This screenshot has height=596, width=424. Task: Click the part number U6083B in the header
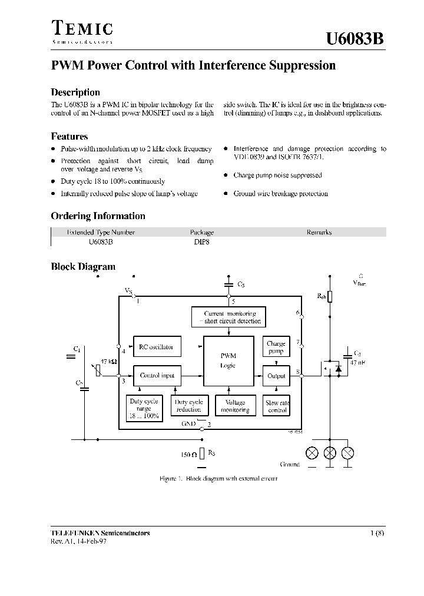click(x=355, y=38)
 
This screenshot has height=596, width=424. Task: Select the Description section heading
click(x=75, y=92)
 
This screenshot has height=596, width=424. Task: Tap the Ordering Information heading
click(x=98, y=216)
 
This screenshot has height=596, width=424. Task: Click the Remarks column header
click(x=319, y=232)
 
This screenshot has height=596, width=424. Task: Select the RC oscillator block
click(x=156, y=347)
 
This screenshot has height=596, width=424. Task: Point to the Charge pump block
click(x=276, y=347)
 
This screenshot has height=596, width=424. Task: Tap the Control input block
click(x=157, y=375)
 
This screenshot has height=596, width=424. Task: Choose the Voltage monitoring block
click(x=235, y=406)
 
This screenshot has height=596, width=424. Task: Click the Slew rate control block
click(x=277, y=406)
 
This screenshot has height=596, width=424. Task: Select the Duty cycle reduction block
click(x=188, y=406)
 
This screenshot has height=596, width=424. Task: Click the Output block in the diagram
click(x=276, y=376)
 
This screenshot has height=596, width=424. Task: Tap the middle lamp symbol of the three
click(x=331, y=453)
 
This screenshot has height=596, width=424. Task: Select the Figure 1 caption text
click(x=218, y=478)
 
